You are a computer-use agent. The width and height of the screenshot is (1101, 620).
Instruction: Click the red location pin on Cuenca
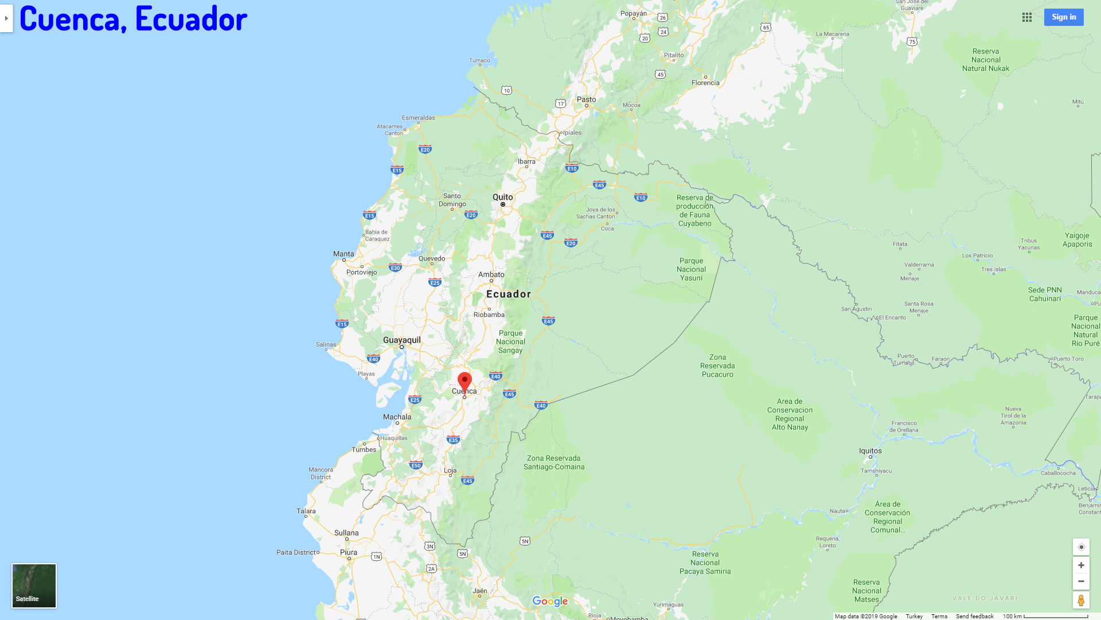pos(464,382)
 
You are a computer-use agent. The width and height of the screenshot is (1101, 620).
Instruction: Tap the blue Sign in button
pos(1064,17)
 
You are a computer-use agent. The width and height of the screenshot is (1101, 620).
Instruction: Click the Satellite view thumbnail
pos(34,586)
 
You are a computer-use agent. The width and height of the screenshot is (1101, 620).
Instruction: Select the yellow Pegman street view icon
pos(1081,600)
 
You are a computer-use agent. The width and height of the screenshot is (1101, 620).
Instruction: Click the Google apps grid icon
pos(1027,17)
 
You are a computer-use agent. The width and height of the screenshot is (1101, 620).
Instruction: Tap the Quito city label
pos(503,197)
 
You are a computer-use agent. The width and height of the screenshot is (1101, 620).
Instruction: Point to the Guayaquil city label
pos(401,340)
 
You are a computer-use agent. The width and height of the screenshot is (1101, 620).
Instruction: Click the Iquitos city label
pos(870,451)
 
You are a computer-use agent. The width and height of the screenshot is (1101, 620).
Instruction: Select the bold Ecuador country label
pos(509,294)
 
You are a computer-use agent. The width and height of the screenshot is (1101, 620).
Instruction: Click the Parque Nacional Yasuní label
pos(691,269)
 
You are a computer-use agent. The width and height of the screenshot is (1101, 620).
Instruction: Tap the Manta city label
pos(343,254)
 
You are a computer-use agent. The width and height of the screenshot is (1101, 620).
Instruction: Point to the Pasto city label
pos(586,99)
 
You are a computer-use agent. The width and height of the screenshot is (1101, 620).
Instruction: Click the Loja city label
pos(450,470)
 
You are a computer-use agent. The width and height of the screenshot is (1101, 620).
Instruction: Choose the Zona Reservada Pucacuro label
pos(717,366)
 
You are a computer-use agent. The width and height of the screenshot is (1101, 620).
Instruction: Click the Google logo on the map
pos(550,601)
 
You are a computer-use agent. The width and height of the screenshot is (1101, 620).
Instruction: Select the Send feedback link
pos(974,616)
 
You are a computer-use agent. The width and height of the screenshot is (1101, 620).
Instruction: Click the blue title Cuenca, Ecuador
pos(134,18)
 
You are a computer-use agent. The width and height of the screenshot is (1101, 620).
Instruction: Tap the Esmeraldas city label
pos(418,118)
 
